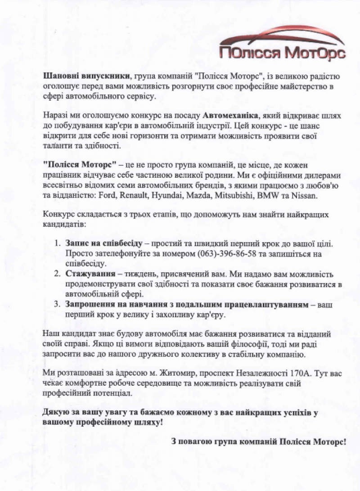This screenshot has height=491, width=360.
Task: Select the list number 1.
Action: pyautogui.click(x=57, y=243)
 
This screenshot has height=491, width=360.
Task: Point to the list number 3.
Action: pyautogui.click(x=57, y=305)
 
